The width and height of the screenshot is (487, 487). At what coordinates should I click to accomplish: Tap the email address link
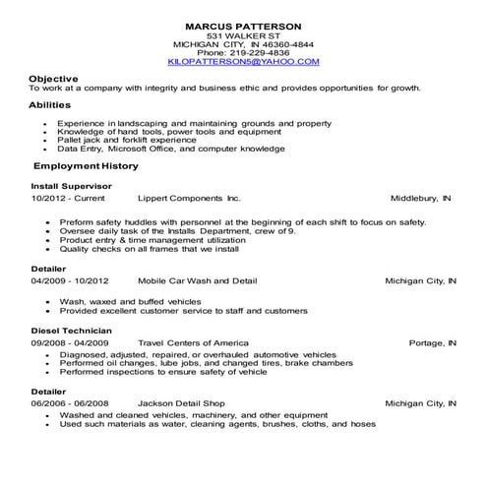[x=244, y=61]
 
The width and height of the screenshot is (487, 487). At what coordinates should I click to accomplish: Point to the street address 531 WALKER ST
[x=244, y=34]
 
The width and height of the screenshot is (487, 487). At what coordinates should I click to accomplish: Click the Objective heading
[x=53, y=78]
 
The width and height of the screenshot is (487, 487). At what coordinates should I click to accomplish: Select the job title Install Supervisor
[x=71, y=185]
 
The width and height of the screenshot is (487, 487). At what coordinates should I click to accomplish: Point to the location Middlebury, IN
[x=420, y=198]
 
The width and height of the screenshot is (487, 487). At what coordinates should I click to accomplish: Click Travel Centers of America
[x=195, y=342]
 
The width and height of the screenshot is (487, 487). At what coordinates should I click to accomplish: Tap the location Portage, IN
[x=433, y=342]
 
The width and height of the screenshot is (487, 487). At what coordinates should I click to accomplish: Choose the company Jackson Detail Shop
[x=182, y=403]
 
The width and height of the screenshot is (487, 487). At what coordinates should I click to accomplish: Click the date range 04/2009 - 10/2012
[x=68, y=280]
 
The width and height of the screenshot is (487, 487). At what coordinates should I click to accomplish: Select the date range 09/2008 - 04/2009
[x=68, y=342]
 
